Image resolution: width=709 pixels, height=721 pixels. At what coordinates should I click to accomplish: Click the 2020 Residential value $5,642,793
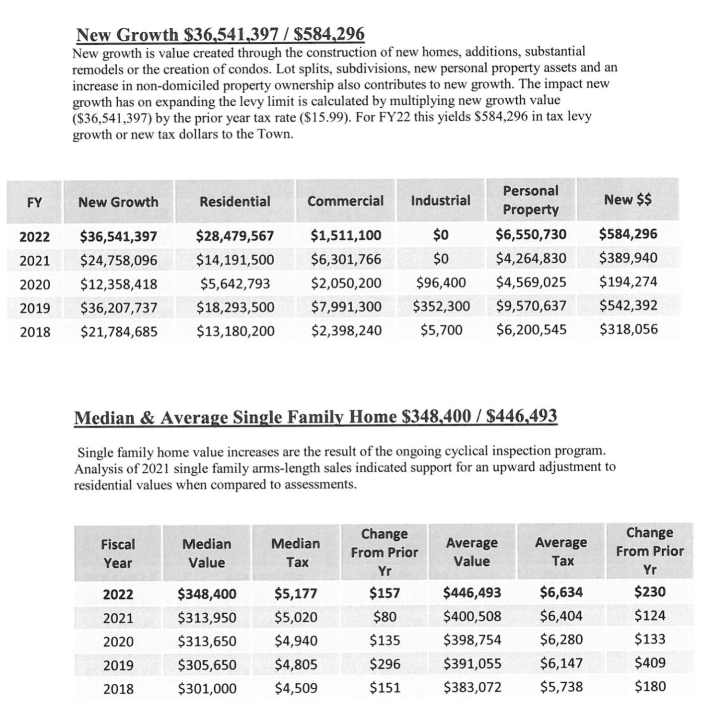coord(235,284)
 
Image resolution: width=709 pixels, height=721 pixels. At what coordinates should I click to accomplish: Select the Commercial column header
coord(345,201)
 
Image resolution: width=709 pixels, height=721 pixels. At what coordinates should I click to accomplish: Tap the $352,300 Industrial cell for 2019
coord(441,306)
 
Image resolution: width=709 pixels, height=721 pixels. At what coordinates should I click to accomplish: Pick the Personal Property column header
coord(530,200)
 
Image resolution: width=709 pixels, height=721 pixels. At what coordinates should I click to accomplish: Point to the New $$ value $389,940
coord(628,258)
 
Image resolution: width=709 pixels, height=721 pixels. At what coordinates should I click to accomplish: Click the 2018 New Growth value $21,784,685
coord(119,331)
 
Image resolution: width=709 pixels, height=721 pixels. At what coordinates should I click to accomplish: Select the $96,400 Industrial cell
coord(441,283)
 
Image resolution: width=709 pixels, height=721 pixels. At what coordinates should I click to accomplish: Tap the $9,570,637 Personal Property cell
coord(531,306)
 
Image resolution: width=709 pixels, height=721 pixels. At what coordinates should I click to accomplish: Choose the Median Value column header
coord(207,553)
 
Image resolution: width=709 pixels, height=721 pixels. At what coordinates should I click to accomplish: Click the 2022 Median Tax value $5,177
coord(296,593)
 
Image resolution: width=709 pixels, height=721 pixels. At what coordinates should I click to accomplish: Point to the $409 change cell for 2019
coord(650,663)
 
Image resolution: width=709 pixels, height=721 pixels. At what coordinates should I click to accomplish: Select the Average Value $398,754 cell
coord(472,640)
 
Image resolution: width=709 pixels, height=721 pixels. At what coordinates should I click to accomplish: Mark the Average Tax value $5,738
coord(561,687)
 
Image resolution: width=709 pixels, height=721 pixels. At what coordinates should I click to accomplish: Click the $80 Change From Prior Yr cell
coord(385,617)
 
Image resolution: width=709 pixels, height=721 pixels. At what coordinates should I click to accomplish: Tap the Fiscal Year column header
coord(118,554)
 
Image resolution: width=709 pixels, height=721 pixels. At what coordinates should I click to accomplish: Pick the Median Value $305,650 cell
coord(207,665)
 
